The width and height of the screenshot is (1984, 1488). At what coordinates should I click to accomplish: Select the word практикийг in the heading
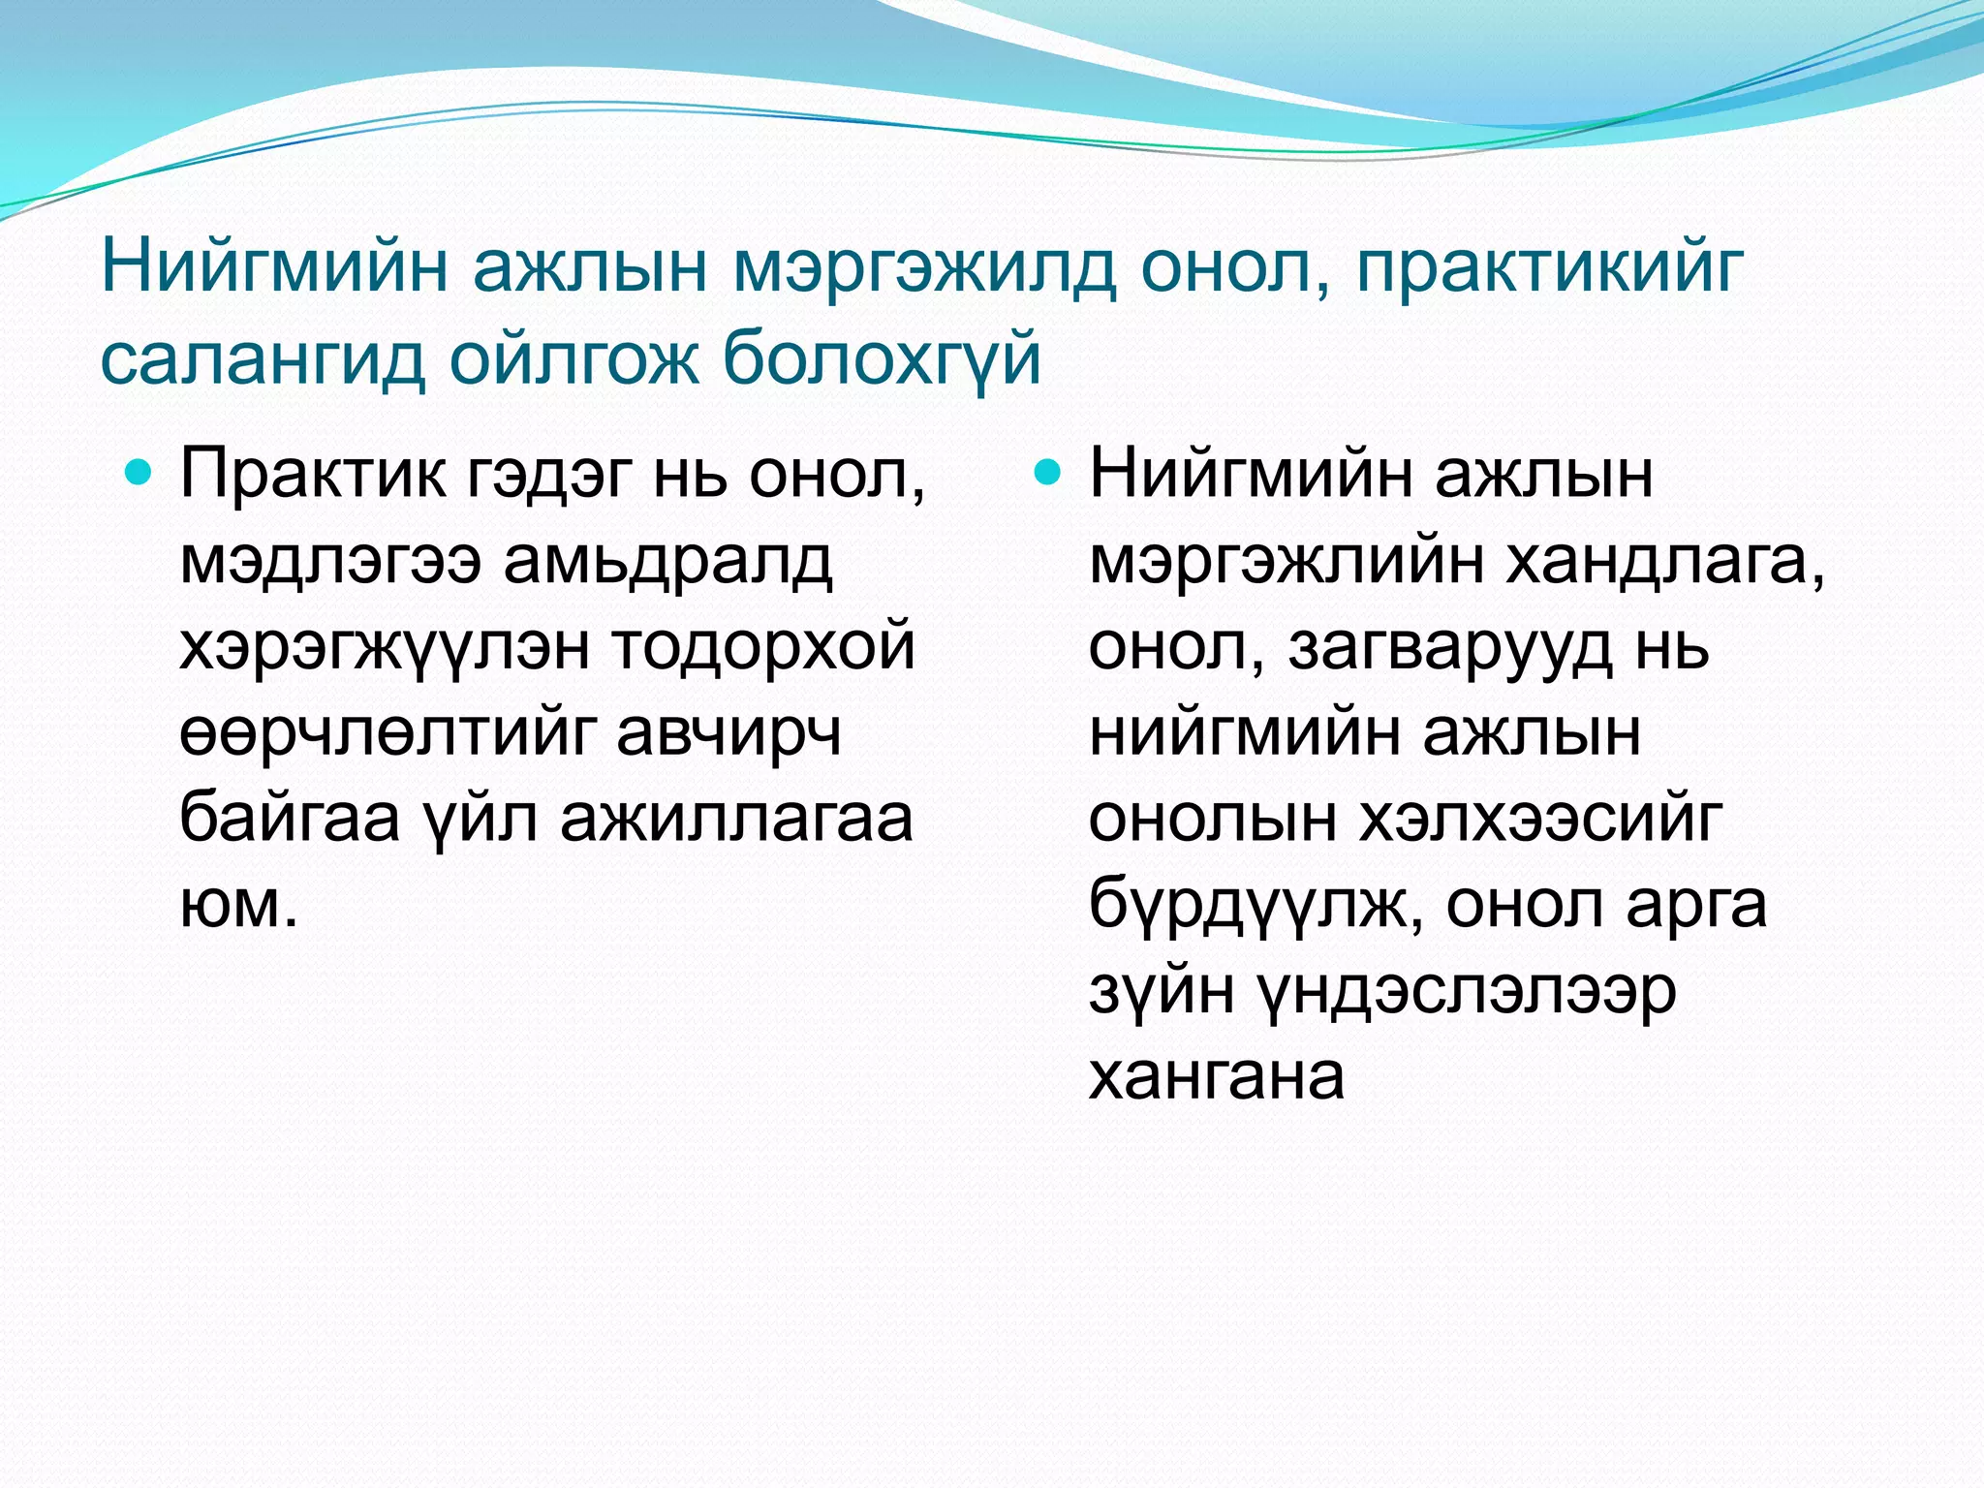pos(1550,268)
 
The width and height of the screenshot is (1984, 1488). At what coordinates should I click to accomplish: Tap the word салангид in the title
pos(263,358)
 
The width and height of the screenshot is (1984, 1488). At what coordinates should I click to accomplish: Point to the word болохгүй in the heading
pos(882,358)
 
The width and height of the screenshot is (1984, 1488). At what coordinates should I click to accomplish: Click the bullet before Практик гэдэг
pos(140,474)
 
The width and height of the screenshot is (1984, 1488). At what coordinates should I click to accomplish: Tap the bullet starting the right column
pos(1048,474)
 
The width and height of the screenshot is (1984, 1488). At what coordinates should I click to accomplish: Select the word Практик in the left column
pos(313,475)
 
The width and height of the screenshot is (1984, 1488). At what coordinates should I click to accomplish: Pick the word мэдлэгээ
pos(329,562)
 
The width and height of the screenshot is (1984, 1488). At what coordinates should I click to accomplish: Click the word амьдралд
pos(667,562)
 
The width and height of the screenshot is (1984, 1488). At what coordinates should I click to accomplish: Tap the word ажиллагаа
pos(736,819)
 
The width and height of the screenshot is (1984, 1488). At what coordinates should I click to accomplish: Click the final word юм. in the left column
pos(238,905)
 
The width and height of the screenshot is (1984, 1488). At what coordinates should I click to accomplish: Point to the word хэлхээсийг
pos(1540,819)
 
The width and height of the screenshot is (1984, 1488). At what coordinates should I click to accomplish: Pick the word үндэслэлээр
pos(1467,991)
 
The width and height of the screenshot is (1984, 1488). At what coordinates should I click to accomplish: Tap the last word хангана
pos(1217,1076)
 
